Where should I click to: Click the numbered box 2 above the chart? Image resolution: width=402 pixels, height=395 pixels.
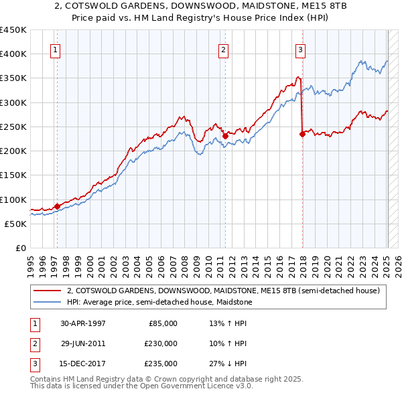point(223,49)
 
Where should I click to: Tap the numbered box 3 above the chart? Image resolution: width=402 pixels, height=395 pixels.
point(301,49)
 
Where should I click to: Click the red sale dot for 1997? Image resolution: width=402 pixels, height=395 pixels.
point(57,206)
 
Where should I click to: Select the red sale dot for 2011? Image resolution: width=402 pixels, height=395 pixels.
point(225,137)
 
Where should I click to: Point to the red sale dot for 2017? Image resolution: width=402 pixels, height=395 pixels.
point(302,134)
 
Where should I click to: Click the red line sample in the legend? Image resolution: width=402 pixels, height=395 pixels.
point(46,291)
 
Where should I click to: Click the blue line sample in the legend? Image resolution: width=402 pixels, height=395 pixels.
point(46,302)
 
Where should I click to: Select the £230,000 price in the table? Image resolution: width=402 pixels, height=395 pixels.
point(161,343)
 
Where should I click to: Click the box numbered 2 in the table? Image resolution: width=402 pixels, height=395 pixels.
point(33,343)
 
